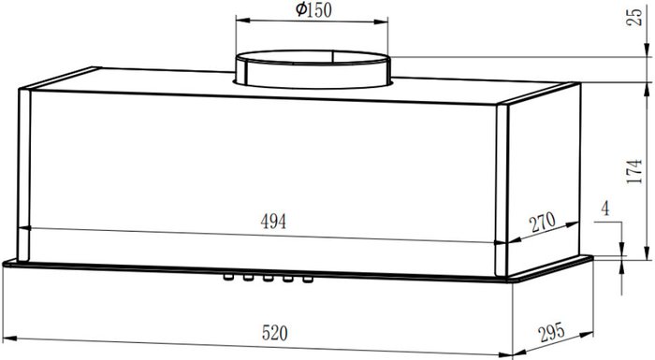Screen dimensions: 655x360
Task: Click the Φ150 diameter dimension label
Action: click(313, 10)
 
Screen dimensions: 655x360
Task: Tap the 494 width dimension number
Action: click(273, 222)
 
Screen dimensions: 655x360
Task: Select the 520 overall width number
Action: click(275, 333)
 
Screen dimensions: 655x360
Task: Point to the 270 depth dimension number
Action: click(543, 222)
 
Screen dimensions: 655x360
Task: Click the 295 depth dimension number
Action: click(551, 332)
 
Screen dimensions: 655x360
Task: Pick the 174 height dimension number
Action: click(634, 171)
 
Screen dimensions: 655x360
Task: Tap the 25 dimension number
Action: click(634, 17)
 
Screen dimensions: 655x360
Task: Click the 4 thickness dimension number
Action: click(604, 208)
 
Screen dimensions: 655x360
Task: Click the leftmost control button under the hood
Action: click(228, 277)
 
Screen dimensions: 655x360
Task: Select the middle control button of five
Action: click(268, 278)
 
